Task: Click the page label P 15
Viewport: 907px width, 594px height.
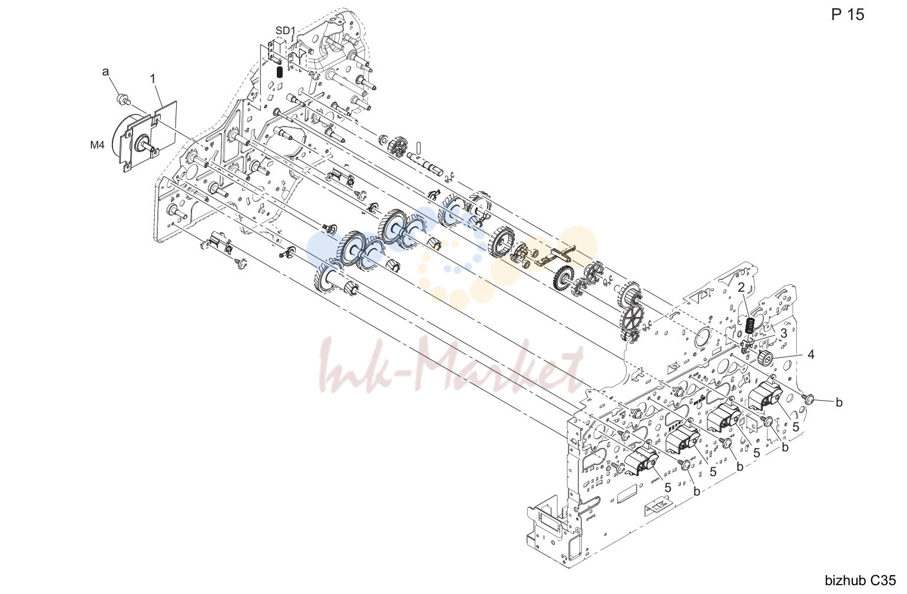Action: tap(848, 15)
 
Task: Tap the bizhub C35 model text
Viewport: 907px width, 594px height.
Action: tap(860, 580)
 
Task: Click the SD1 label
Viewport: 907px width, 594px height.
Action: tap(286, 31)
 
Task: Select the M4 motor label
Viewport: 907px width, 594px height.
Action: tap(97, 144)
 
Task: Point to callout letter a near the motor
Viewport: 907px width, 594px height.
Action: tap(105, 72)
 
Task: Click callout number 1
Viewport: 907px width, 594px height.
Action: tap(153, 78)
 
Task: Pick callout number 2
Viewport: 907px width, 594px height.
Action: tap(742, 287)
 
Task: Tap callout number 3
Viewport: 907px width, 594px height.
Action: tap(783, 334)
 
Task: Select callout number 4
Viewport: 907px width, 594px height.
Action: tap(810, 355)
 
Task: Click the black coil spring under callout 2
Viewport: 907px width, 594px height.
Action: tap(750, 325)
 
